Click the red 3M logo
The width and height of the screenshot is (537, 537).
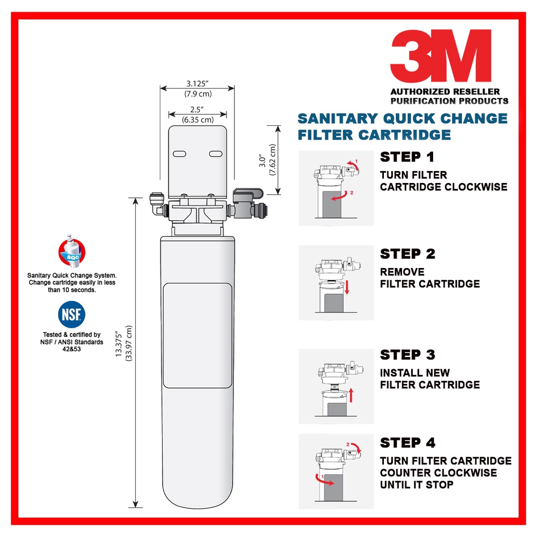[441, 56]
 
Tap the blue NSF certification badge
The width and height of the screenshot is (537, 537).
[71, 315]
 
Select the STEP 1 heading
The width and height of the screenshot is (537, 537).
[407, 157]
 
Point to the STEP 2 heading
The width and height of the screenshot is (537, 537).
[407, 254]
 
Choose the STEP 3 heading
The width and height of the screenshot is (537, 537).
[407, 355]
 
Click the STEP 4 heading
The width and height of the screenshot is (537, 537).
[407, 443]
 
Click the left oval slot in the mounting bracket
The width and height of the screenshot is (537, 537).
[179, 154]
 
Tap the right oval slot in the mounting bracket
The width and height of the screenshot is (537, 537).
[216, 154]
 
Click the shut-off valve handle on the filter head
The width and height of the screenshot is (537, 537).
[248, 194]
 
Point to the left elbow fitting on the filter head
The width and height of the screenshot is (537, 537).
[157, 205]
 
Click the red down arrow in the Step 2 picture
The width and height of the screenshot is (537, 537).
[347, 287]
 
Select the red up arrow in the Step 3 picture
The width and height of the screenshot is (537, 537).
[351, 395]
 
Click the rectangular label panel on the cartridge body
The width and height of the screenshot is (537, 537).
[198, 336]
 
